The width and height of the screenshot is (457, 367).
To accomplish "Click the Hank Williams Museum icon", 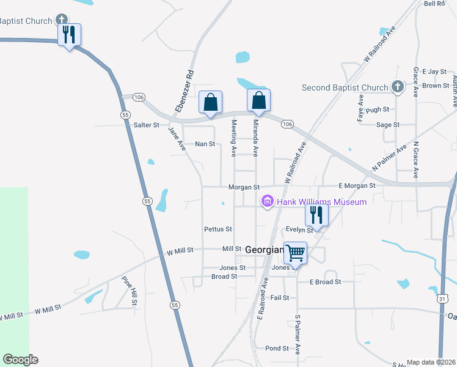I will coord(266,201).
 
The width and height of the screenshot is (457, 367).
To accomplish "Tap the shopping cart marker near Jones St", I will coord(295,253).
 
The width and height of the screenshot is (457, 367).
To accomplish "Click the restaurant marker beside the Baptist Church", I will coord(69,34).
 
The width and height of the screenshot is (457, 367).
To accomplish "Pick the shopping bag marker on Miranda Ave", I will coord(258,100).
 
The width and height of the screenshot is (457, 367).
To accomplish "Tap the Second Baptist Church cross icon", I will coord(397,87).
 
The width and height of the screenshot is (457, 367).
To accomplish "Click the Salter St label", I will coord(146,125).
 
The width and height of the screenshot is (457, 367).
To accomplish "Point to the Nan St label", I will coord(205,144).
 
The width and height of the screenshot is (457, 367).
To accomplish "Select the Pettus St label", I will coord(218,229).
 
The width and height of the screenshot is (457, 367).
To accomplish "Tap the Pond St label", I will coord(277,348).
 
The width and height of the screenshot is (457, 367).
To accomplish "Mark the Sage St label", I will coord(388,125).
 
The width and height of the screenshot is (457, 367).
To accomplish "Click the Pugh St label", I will coord(378,109).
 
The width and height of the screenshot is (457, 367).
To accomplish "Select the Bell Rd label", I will coord(434,4).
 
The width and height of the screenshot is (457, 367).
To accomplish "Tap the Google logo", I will coord(20,360).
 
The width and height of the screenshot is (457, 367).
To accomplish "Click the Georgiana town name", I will coord(263,250).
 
